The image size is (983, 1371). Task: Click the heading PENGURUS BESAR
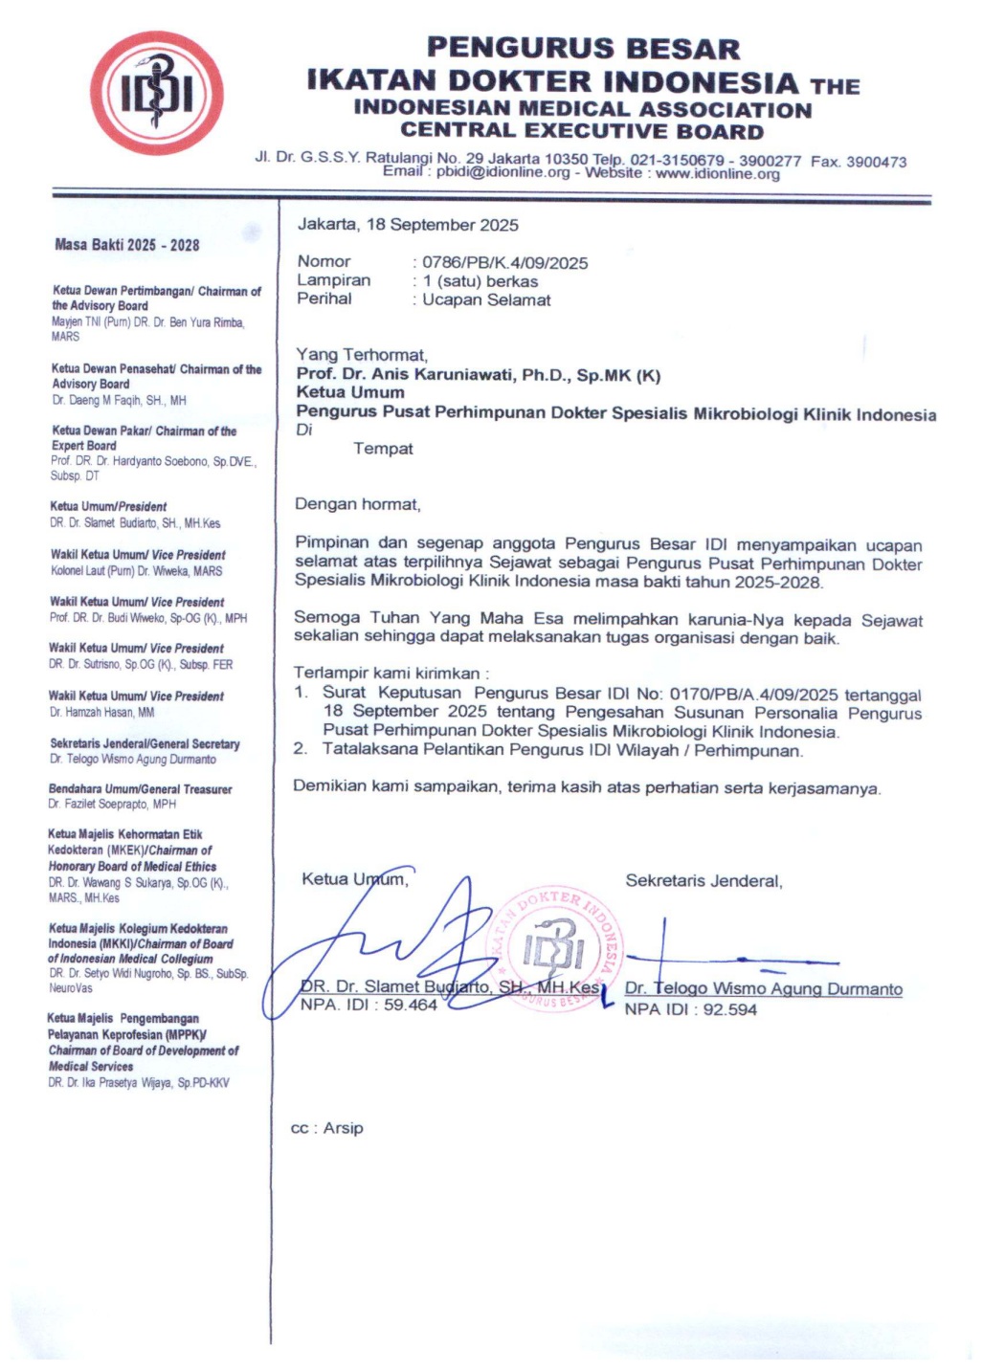pyautogui.click(x=583, y=48)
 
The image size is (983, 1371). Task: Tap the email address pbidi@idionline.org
pyautogui.click(x=503, y=173)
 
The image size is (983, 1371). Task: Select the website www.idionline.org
pyautogui.click(x=717, y=173)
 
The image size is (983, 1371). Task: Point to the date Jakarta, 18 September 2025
pyautogui.click(x=408, y=225)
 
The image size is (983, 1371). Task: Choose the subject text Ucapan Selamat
pyautogui.click(x=486, y=299)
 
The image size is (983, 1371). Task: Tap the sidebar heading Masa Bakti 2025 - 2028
pyautogui.click(x=127, y=245)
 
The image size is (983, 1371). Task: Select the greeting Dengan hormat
pyautogui.click(x=357, y=504)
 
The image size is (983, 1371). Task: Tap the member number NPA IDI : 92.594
pyautogui.click(x=690, y=1009)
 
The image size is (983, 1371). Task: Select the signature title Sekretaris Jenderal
pyautogui.click(x=704, y=880)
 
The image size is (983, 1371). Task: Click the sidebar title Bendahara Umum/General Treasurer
pyautogui.click(x=140, y=789)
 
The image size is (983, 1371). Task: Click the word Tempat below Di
pyautogui.click(x=383, y=449)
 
